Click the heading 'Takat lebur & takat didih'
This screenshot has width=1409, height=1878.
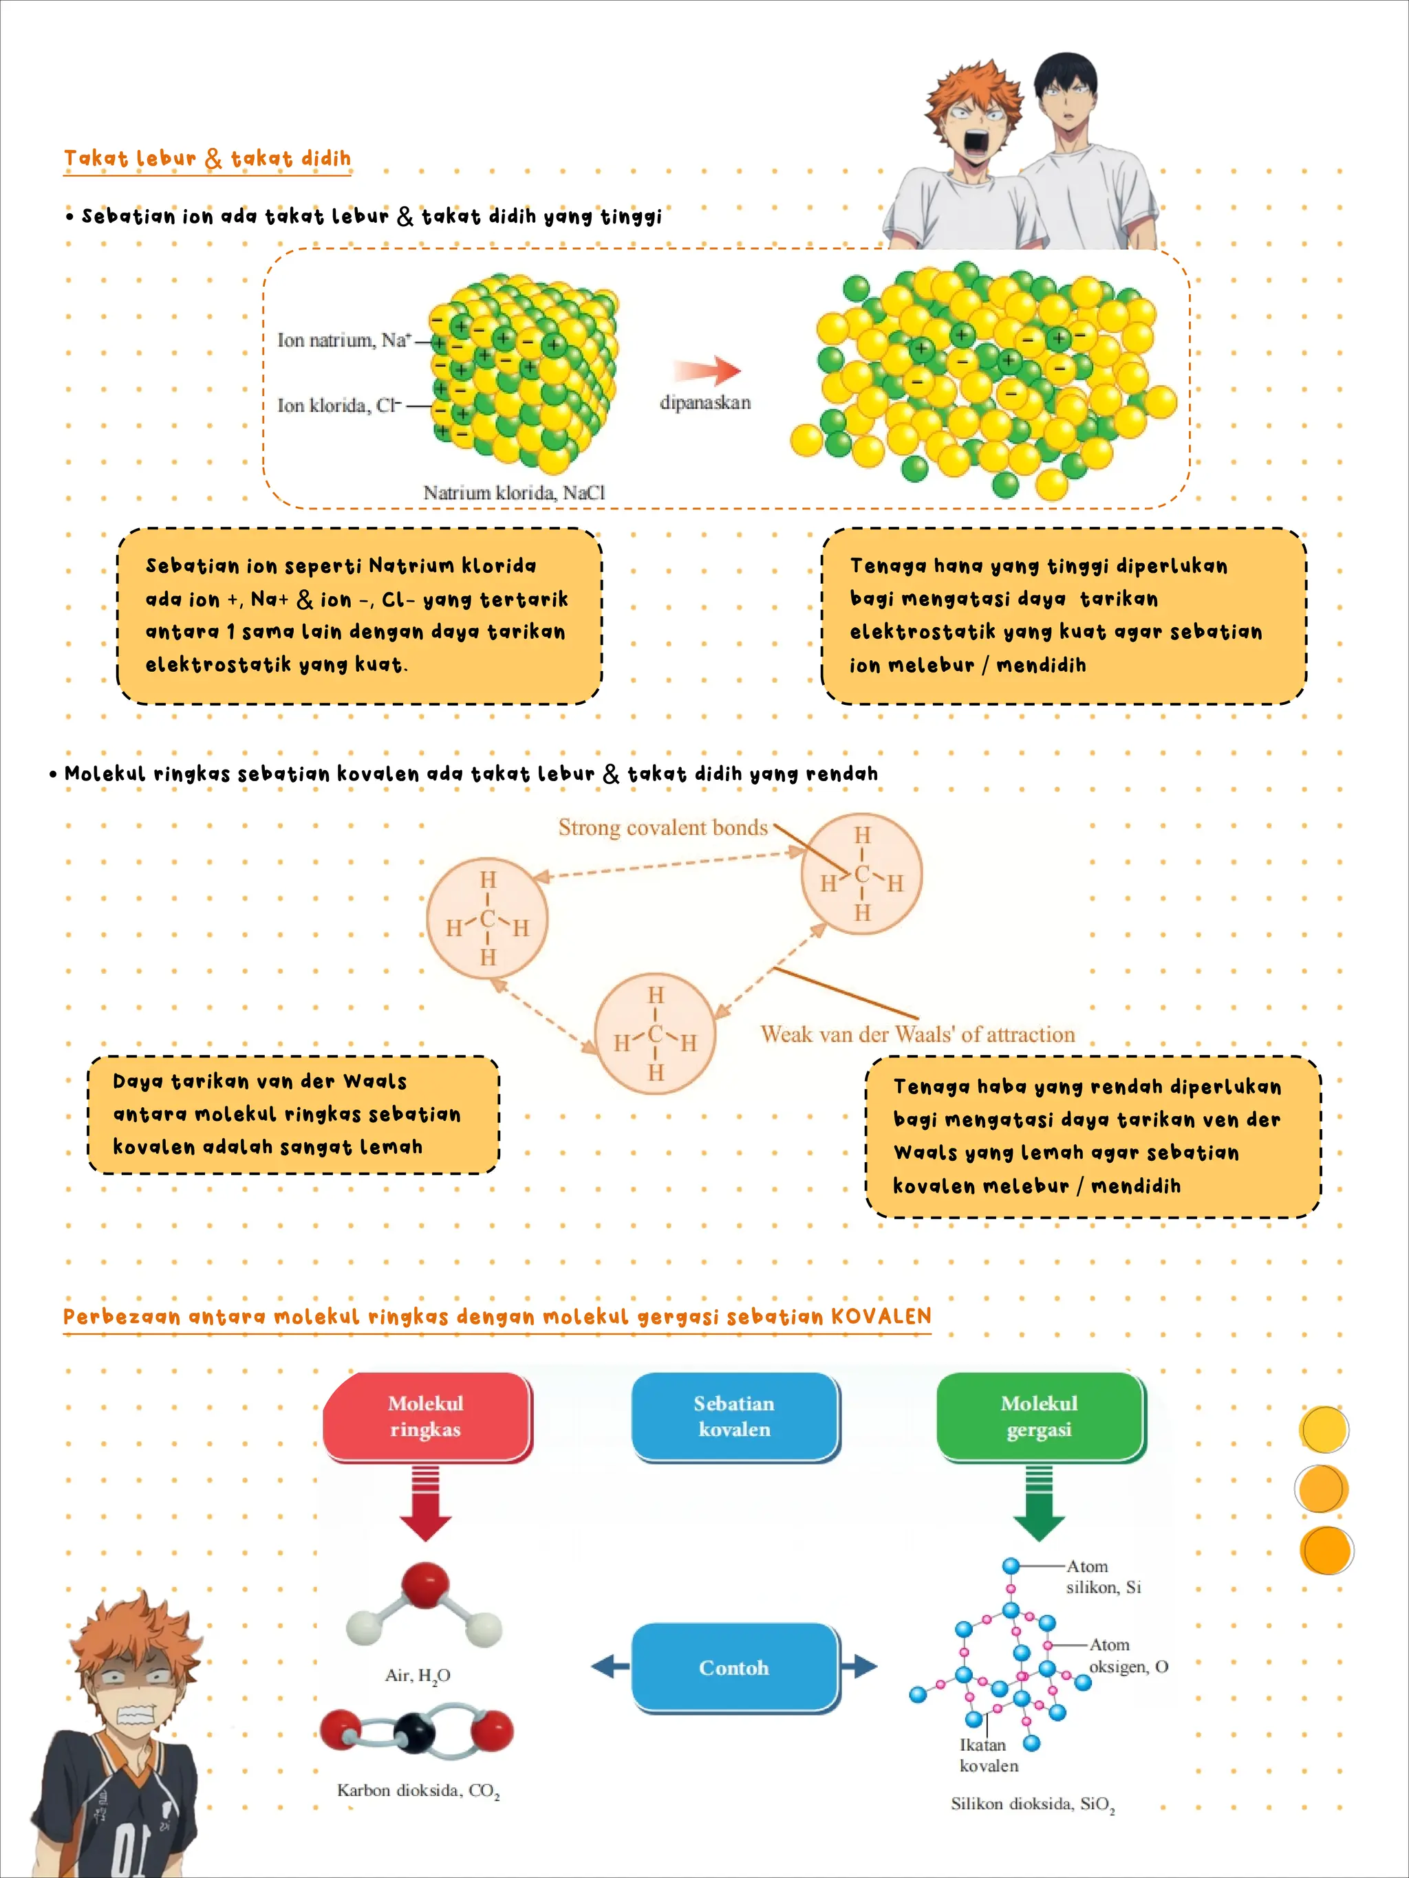tap(207, 158)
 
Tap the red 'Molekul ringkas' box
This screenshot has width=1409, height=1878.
tap(427, 1416)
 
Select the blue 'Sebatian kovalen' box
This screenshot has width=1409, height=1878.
tap(735, 1416)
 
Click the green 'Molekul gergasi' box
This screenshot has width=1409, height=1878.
tap(1040, 1416)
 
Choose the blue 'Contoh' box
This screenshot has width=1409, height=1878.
tap(735, 1668)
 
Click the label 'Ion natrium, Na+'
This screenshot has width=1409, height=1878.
tap(344, 340)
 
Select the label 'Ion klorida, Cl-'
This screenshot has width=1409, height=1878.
tap(339, 406)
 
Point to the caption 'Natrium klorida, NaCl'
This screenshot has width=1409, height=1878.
tap(515, 492)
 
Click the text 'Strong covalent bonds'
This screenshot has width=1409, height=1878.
tap(663, 828)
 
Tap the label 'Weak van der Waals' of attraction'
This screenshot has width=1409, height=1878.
tap(918, 1034)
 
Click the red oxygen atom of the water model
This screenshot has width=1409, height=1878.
tap(424, 1584)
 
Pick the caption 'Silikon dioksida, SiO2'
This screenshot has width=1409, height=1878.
tap(1033, 1804)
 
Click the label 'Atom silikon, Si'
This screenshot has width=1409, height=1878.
tap(1104, 1577)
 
